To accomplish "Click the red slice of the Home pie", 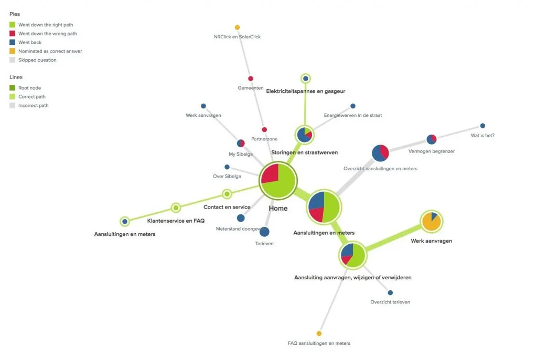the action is (x=271, y=173).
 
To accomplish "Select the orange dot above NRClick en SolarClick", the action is (x=237, y=27).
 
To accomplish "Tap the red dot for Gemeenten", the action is (x=251, y=79).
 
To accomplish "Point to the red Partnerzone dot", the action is (x=264, y=130).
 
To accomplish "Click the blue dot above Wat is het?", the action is (x=482, y=126).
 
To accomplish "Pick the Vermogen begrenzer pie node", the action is (x=432, y=139).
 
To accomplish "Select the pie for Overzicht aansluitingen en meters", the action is (x=380, y=153).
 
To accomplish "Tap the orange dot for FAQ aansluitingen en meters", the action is (x=319, y=334).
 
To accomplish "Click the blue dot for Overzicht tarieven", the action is (x=390, y=292).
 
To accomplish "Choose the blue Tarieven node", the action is (x=264, y=232).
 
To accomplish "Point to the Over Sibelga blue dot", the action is (x=227, y=167).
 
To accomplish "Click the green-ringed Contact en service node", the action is (x=227, y=194).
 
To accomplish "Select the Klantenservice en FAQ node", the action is (x=176, y=208).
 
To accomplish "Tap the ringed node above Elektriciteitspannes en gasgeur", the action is (x=306, y=79).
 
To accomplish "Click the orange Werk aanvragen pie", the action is (x=432, y=222).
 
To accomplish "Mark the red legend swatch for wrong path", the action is (x=13, y=34).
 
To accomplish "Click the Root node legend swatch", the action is (x=13, y=88).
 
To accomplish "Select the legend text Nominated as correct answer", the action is (x=50, y=51).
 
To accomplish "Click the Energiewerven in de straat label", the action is (x=353, y=115).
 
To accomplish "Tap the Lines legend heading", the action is (x=16, y=77).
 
